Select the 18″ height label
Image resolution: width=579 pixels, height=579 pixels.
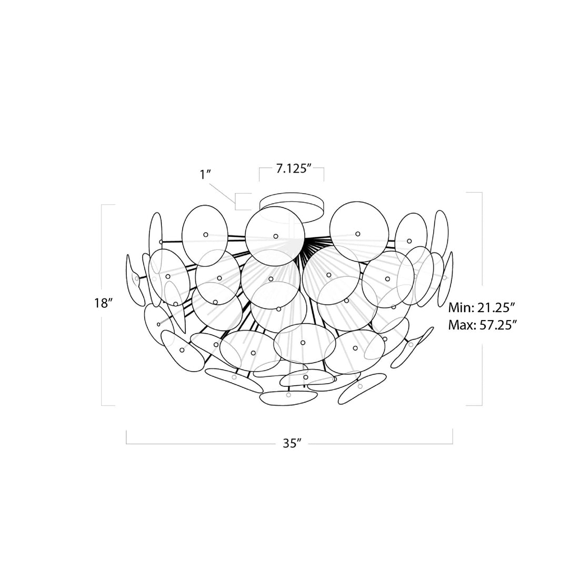(x=104, y=303)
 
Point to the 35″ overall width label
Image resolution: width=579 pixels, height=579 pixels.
(x=289, y=443)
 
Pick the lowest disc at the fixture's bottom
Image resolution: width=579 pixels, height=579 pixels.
(x=287, y=399)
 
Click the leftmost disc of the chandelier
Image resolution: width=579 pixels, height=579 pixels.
(x=135, y=279)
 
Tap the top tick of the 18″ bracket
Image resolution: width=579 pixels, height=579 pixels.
(x=108, y=204)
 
